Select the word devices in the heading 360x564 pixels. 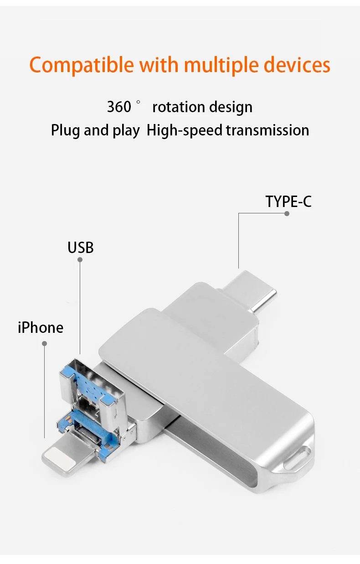297,65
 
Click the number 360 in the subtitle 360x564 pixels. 119,107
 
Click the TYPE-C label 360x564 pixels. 288,201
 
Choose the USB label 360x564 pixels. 81,248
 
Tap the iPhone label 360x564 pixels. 41,327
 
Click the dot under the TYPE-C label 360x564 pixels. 287,213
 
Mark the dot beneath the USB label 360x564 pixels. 80,259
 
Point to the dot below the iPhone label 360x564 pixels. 45,343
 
